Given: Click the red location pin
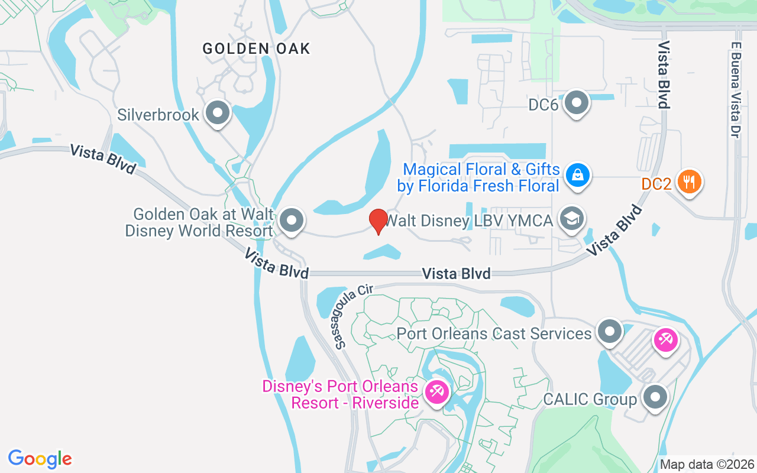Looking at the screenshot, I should click(378, 221).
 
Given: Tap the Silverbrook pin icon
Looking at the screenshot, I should click(218, 112).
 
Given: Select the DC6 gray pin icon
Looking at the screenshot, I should click(576, 103).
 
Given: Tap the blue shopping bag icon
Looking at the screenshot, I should click(576, 175).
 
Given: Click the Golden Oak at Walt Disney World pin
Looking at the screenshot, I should click(291, 221).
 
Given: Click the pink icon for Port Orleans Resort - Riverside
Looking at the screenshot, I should click(437, 391).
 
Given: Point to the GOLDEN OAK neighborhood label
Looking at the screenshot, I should click(256, 48).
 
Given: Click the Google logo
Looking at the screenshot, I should click(40, 458).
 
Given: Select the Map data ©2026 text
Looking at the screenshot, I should click(707, 464).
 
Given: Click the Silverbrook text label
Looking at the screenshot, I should click(158, 114).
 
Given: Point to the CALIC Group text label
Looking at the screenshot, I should click(590, 399).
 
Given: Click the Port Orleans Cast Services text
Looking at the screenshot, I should click(494, 333).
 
